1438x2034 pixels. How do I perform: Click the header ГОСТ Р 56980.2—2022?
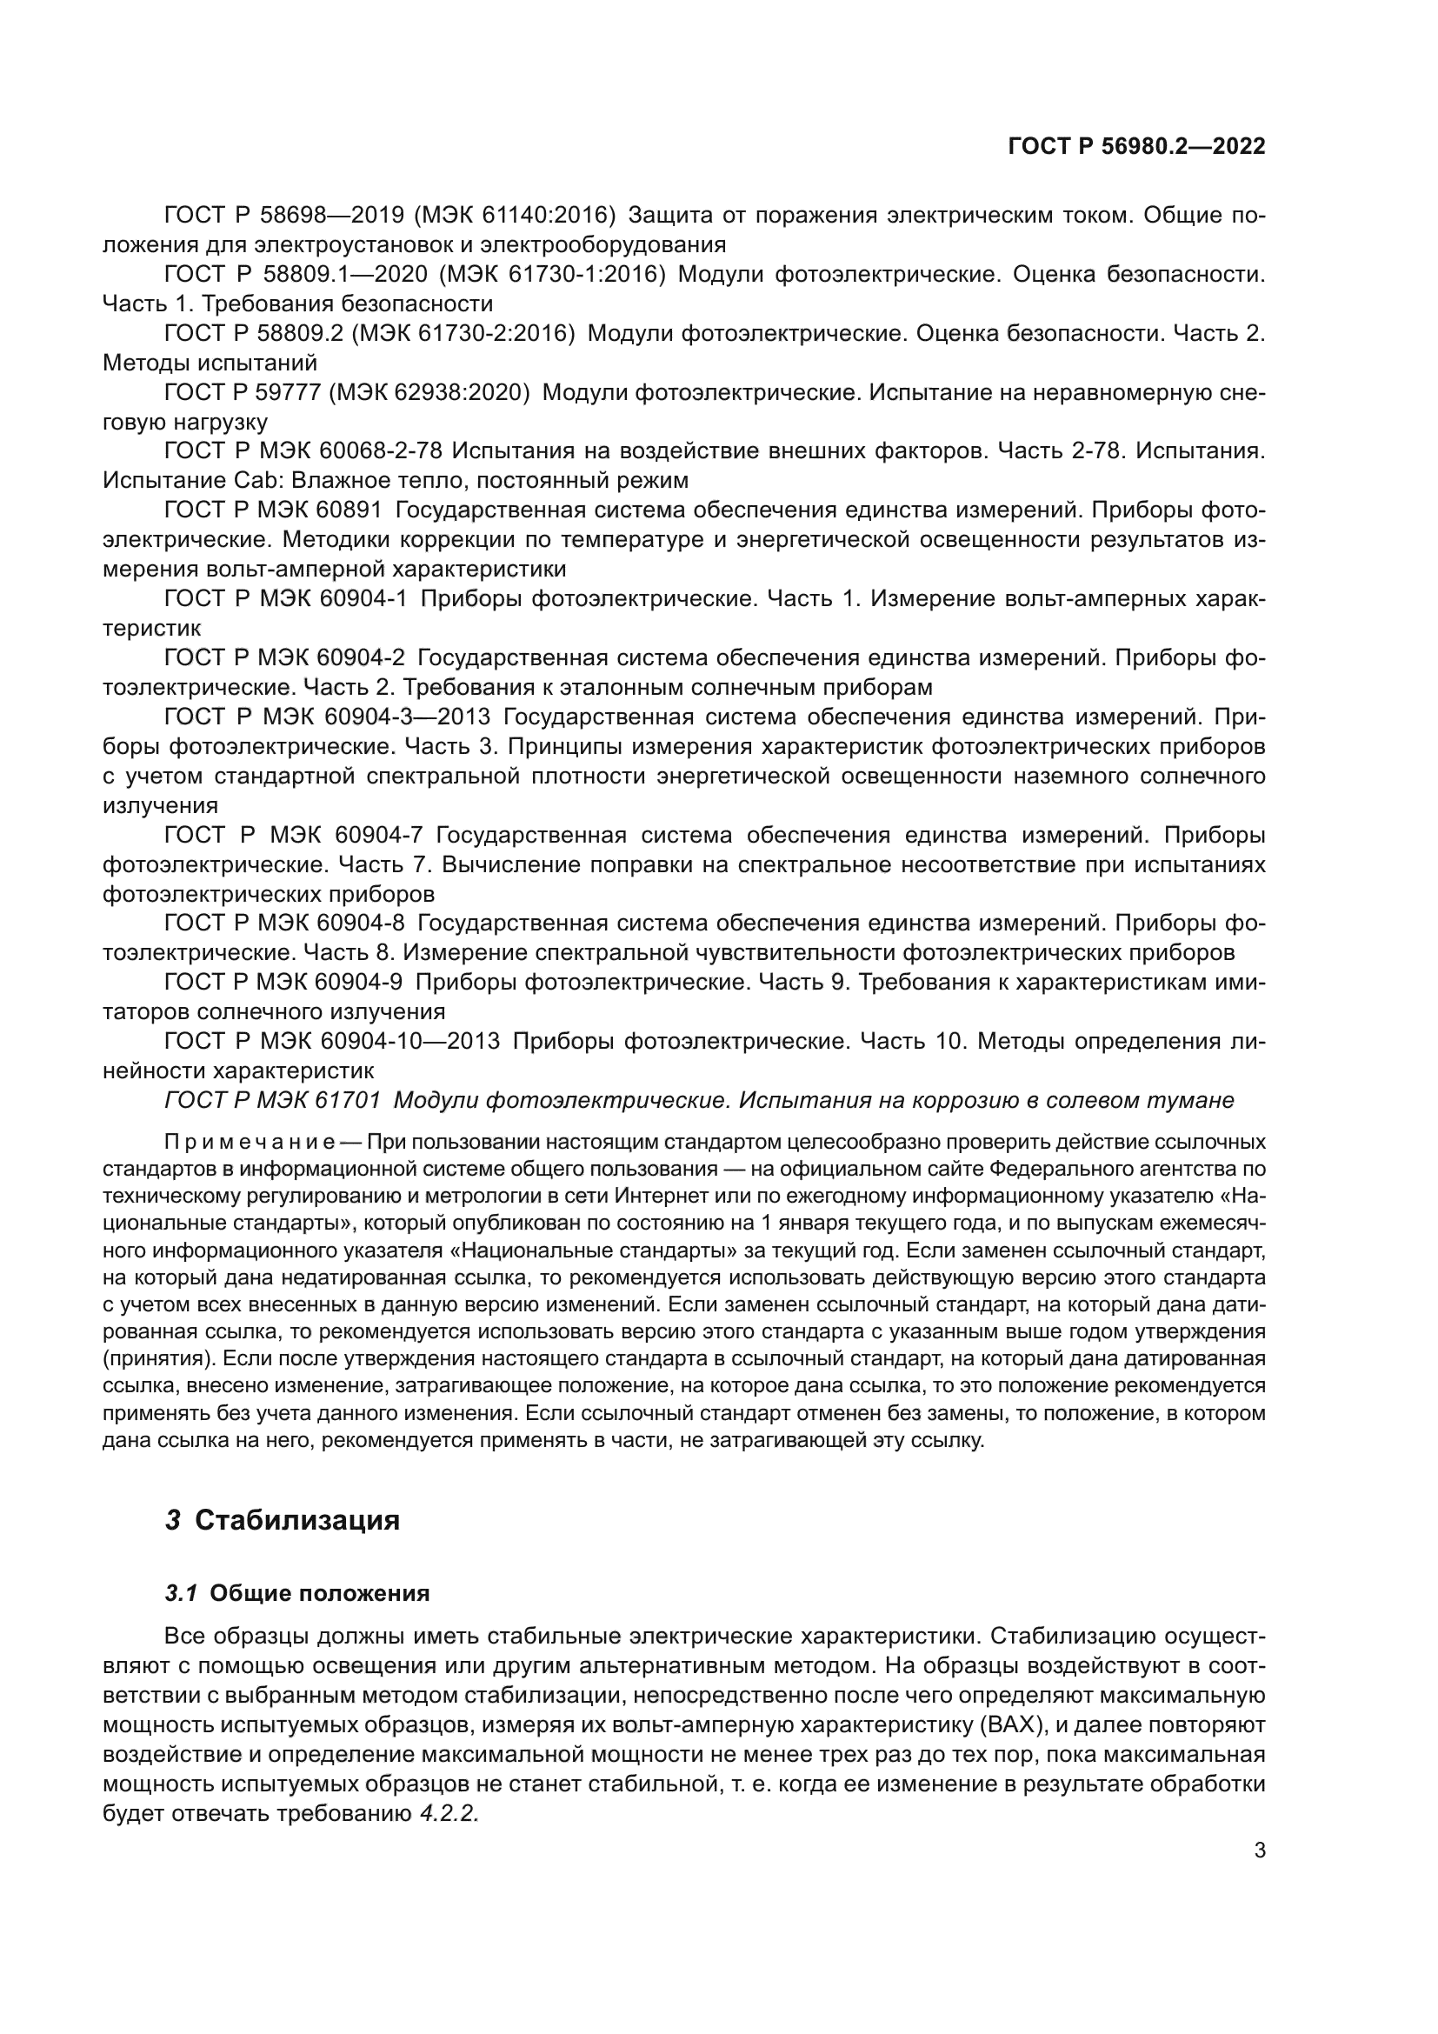[x=1136, y=146]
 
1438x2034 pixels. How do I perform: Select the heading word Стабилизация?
[x=297, y=1520]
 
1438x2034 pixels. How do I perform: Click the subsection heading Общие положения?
[x=320, y=1594]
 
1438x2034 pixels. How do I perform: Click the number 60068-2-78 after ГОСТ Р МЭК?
[x=381, y=451]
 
